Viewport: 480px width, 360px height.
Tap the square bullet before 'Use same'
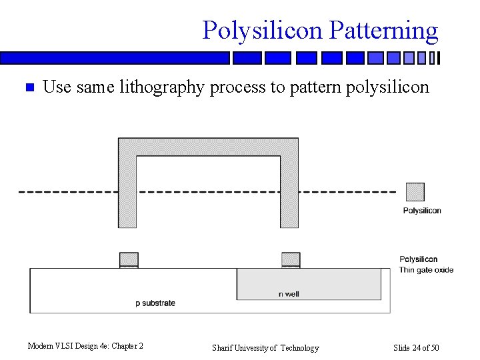click(29, 87)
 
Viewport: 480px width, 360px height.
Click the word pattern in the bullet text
click(312, 87)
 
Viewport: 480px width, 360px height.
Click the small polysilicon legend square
click(415, 192)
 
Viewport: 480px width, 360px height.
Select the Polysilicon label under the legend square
click(422, 211)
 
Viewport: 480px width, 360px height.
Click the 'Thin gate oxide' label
click(426, 270)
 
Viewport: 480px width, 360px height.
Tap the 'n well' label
click(289, 294)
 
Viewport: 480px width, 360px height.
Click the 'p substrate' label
click(155, 303)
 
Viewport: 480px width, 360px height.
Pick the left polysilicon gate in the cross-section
click(129, 259)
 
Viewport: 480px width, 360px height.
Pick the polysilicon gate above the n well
click(291, 259)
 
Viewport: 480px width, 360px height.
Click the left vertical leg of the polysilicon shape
click(127, 193)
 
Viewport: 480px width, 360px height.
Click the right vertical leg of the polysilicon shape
click(289, 193)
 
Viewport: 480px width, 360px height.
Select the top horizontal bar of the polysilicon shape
click(208, 147)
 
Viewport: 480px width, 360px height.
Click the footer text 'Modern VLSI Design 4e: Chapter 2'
click(85, 346)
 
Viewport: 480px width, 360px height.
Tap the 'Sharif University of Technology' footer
click(265, 347)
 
